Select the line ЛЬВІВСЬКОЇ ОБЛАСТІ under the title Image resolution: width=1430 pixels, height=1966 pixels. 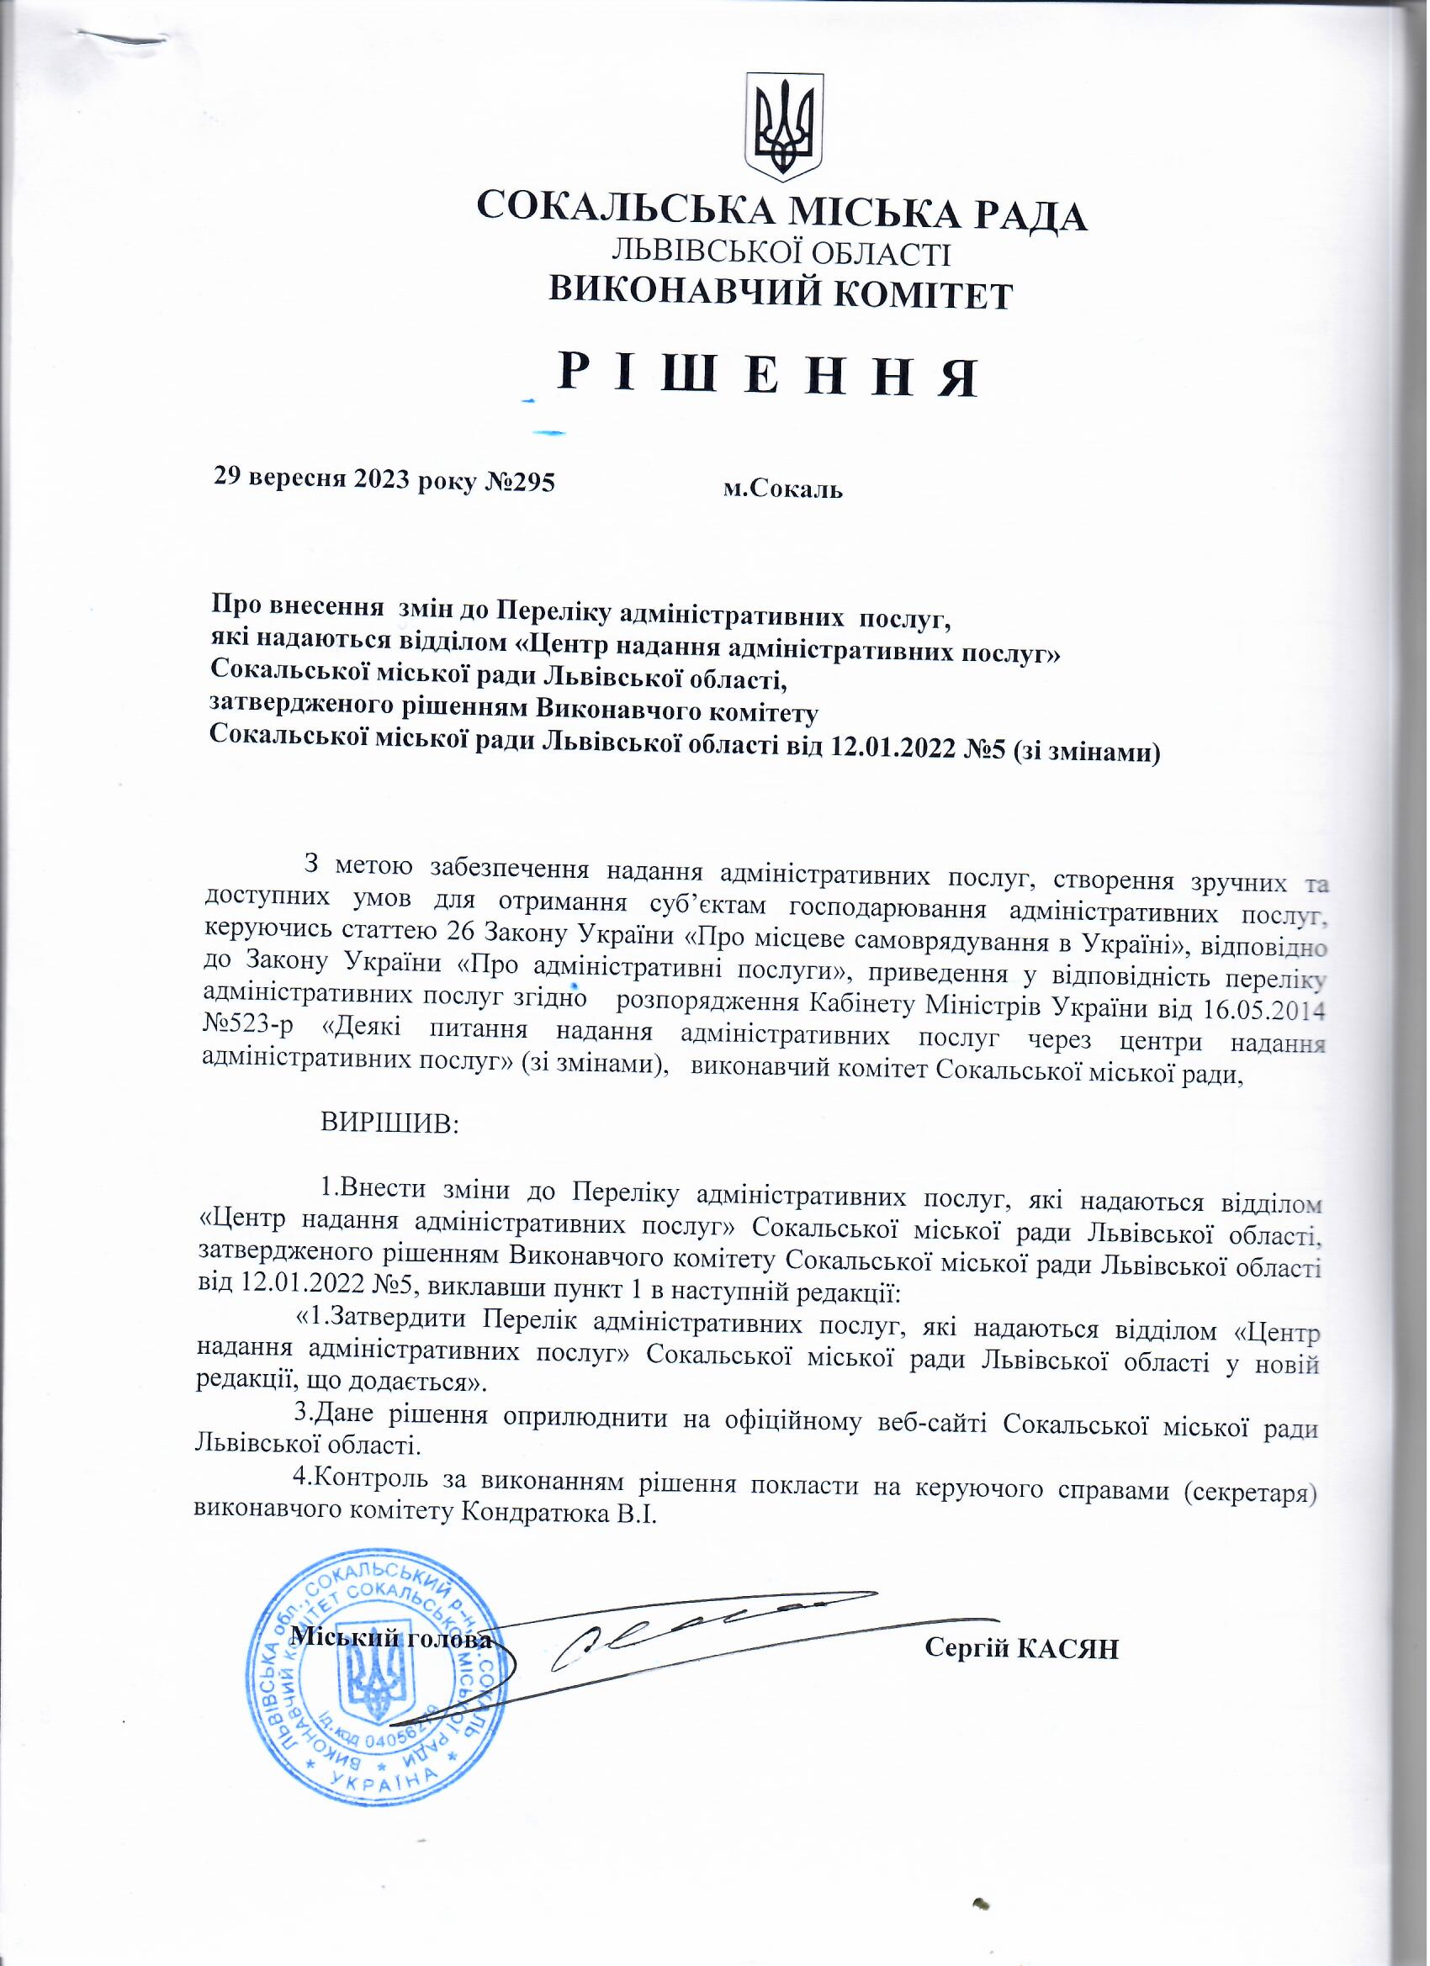coord(781,253)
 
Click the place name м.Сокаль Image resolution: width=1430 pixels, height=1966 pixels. coord(783,489)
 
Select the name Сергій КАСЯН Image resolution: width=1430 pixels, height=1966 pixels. coord(1022,1648)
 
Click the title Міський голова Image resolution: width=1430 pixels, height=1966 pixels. coord(391,1638)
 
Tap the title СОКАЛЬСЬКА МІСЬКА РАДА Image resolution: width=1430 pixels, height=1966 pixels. coord(781,213)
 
